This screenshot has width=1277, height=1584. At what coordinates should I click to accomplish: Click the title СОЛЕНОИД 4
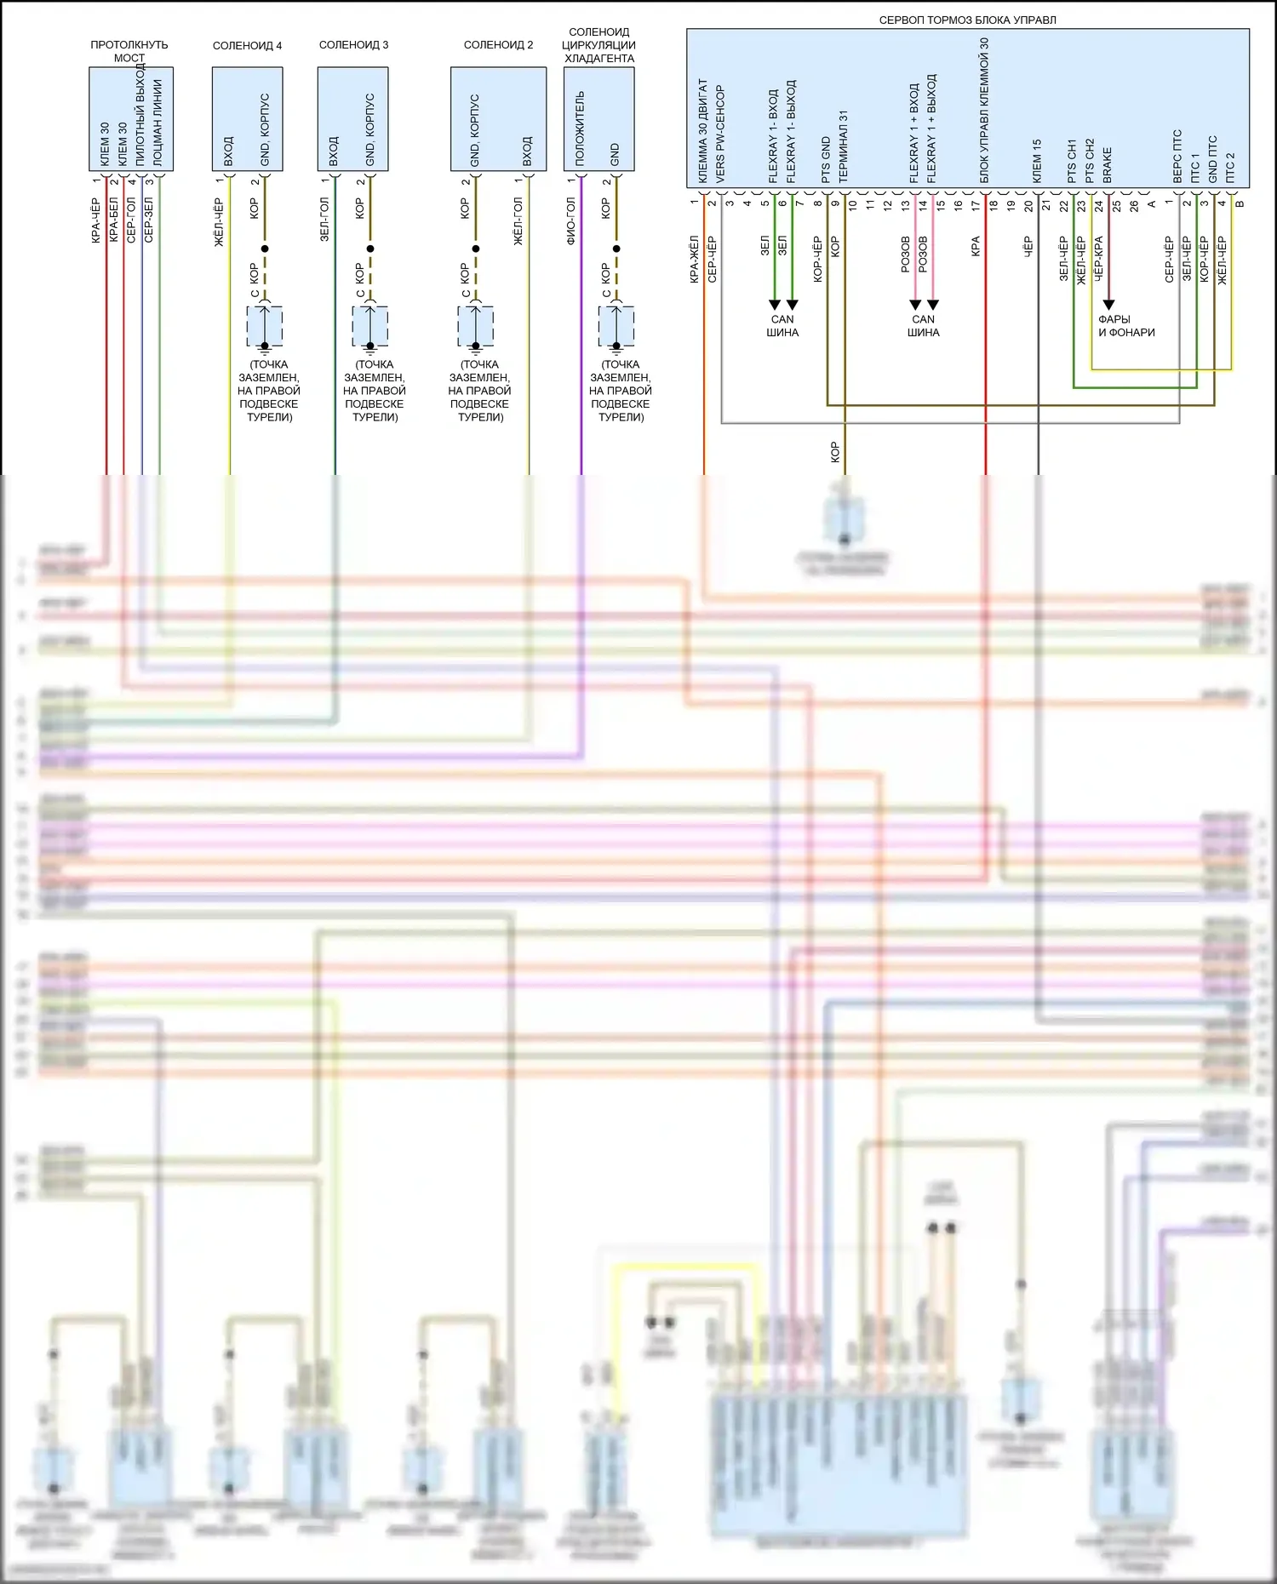click(247, 45)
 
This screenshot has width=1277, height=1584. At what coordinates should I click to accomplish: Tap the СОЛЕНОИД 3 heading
click(353, 45)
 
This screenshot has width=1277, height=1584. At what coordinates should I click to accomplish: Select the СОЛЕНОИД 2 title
click(498, 45)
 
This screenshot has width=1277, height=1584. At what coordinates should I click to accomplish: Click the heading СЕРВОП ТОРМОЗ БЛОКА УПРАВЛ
click(967, 20)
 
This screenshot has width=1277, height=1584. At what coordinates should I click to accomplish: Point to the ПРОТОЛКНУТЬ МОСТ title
click(129, 51)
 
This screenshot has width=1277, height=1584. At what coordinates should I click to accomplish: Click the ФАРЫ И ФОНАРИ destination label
click(1125, 326)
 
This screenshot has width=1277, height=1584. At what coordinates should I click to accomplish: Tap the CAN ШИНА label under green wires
click(782, 326)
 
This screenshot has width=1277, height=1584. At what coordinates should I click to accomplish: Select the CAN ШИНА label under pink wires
click(923, 326)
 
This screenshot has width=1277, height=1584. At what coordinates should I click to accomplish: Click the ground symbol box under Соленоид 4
click(265, 326)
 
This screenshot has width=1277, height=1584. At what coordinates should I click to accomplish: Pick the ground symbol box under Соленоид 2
click(476, 326)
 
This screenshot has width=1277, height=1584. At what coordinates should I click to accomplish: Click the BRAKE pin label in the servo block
click(1108, 165)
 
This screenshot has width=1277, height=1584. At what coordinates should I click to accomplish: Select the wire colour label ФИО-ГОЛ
click(571, 221)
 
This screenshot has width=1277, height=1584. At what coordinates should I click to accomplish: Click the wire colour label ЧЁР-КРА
click(1098, 259)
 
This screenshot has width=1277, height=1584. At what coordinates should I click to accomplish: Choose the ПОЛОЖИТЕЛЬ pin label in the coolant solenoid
click(580, 129)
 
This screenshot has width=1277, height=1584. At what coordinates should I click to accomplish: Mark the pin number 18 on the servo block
click(994, 204)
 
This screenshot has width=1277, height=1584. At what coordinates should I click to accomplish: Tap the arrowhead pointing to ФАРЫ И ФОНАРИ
click(1108, 305)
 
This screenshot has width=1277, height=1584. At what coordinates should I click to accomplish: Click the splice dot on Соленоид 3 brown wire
click(370, 249)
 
